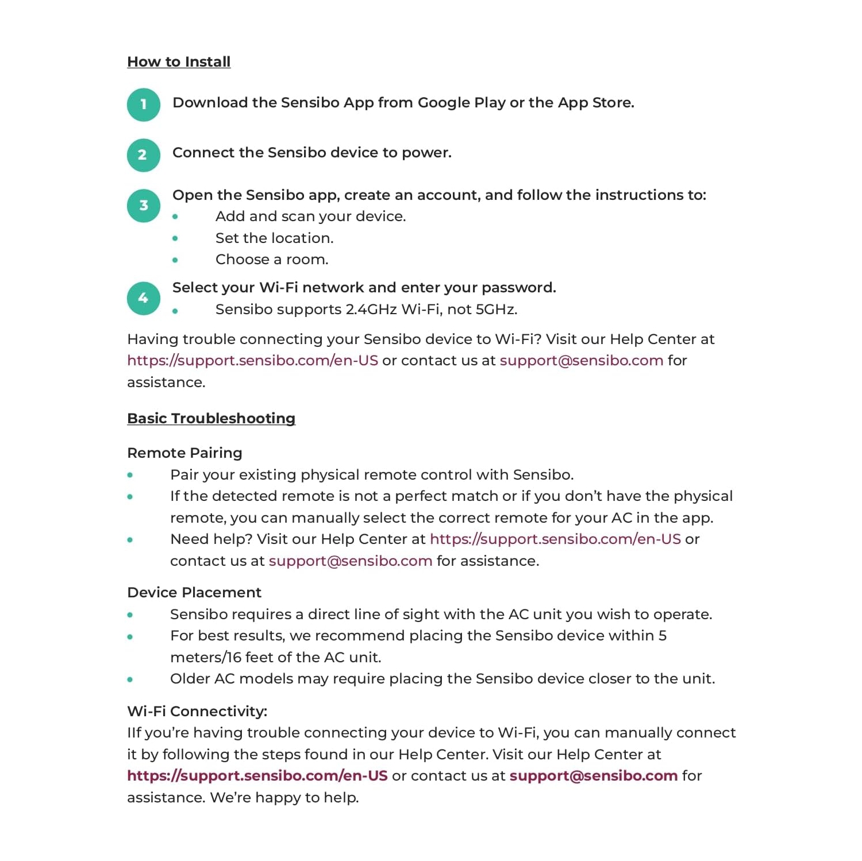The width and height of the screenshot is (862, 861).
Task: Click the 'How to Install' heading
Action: pyautogui.click(x=179, y=62)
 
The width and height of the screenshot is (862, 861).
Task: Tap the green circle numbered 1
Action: pyautogui.click(x=144, y=105)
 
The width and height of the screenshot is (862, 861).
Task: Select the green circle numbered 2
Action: pyautogui.click(x=144, y=155)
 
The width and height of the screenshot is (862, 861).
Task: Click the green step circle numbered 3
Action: pyautogui.click(x=144, y=206)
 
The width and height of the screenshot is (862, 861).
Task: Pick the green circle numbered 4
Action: pyautogui.click(x=144, y=298)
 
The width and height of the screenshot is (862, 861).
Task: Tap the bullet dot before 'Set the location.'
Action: pyautogui.click(x=175, y=238)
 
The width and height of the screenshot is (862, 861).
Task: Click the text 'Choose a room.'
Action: pyautogui.click(x=272, y=260)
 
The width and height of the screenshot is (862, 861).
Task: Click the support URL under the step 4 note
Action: pyautogui.click(x=252, y=361)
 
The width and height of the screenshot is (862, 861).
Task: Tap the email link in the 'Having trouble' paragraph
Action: pyautogui.click(x=581, y=361)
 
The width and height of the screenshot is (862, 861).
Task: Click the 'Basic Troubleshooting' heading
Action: pyautogui.click(x=211, y=419)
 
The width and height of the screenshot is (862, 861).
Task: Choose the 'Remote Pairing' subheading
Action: pyautogui.click(x=184, y=453)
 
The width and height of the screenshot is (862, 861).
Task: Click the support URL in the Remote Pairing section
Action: pyautogui.click(x=555, y=539)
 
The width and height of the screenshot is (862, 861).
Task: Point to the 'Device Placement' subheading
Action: pyautogui.click(x=194, y=593)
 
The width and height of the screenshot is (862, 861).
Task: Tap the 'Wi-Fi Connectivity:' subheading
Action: pyautogui.click(x=197, y=712)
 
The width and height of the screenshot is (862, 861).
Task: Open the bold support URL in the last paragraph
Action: pyautogui.click(x=257, y=776)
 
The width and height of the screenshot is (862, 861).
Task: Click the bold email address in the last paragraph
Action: pyautogui.click(x=593, y=776)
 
